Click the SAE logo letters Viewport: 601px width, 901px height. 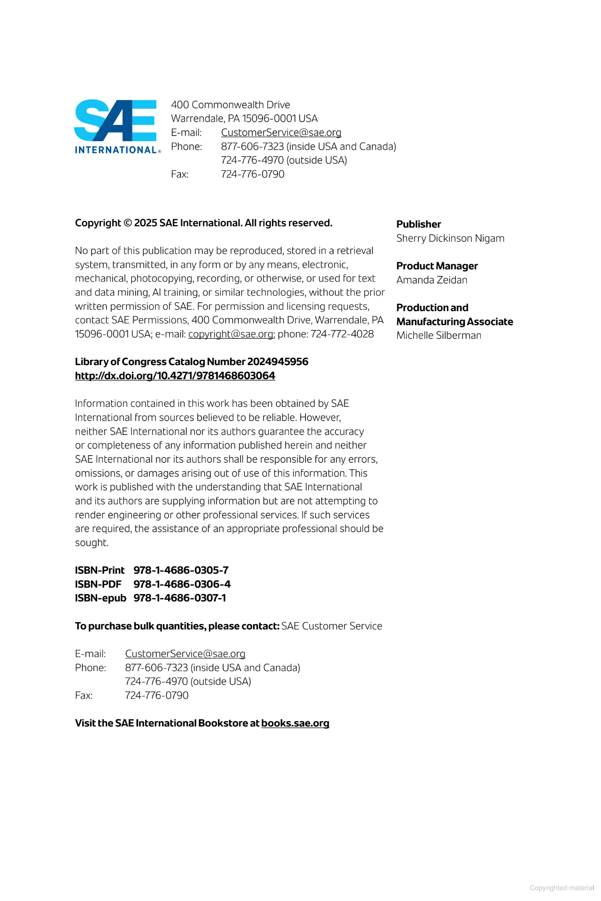115,120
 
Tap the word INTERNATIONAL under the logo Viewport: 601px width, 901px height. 116,150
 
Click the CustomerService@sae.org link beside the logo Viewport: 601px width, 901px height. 281,132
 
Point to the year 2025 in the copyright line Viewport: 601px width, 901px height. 146,223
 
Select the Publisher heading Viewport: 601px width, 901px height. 418,224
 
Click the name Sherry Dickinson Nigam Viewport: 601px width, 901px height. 450,238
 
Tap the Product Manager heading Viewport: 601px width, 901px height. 437,266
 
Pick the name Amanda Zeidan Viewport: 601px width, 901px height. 431,280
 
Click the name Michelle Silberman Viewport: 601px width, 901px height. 439,336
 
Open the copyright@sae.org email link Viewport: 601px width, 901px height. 231,334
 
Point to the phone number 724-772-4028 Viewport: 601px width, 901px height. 342,334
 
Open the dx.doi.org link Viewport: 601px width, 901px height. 175,376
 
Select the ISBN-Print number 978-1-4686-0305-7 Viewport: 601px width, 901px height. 181,570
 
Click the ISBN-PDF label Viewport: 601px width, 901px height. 98,584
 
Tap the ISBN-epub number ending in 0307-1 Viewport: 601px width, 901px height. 179,598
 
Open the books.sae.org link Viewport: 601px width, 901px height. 295,723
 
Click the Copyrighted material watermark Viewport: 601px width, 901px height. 562,888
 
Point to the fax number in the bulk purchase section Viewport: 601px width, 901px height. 156,695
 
